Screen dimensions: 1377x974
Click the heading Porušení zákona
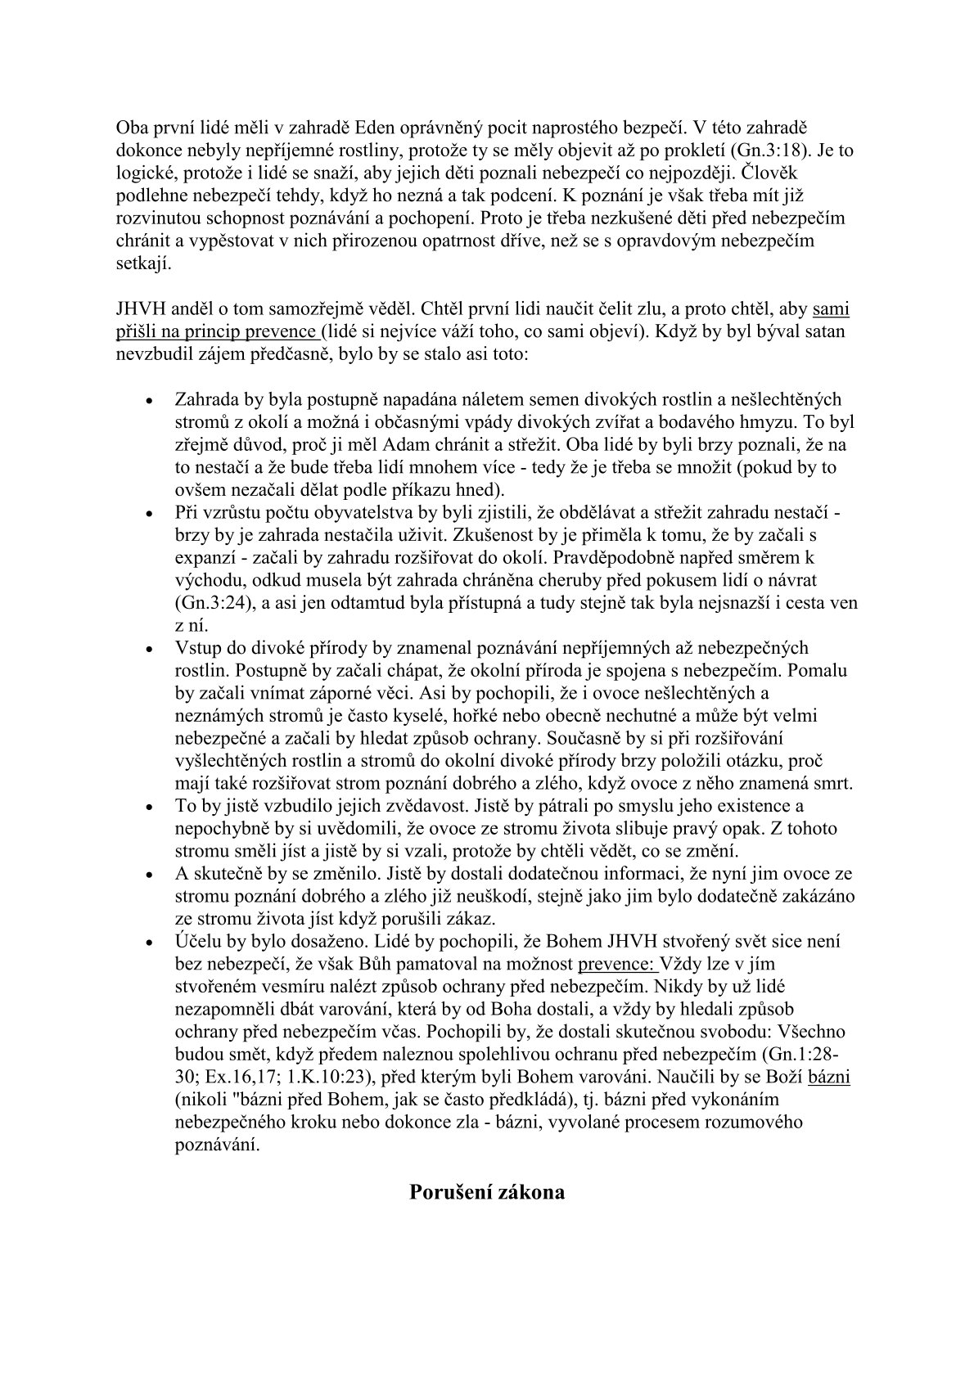coord(487,1191)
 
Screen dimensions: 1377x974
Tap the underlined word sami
coord(831,310)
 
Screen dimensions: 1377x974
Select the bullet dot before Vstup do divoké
coord(148,650)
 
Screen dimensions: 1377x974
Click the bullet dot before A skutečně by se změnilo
coord(148,875)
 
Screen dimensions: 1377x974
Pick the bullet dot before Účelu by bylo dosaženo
coord(148,943)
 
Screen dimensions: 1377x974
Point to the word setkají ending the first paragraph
coord(143,264)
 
